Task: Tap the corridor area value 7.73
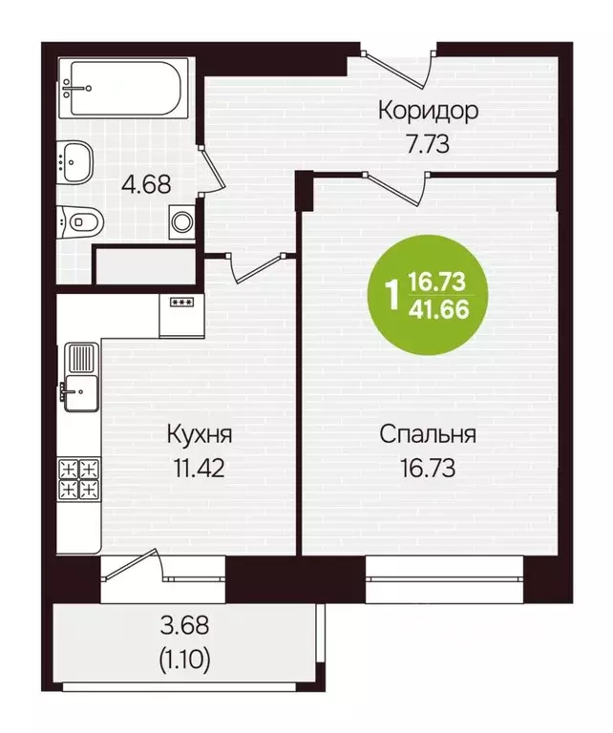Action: click(x=427, y=145)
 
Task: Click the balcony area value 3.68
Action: click(x=183, y=627)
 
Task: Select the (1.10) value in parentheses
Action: click(x=183, y=658)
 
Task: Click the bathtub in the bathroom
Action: click(x=125, y=89)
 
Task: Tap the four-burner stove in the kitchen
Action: click(x=80, y=478)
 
